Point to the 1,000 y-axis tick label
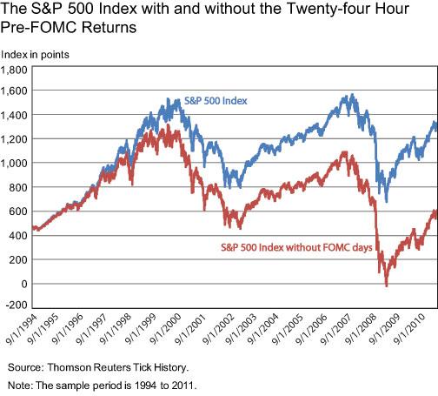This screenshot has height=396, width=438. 15,163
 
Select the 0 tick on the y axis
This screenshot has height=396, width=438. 23,284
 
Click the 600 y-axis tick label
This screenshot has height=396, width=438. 19,211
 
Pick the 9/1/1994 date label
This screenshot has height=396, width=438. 20,332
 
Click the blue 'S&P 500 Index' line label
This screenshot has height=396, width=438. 216,100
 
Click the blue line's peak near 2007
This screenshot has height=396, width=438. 351,96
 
